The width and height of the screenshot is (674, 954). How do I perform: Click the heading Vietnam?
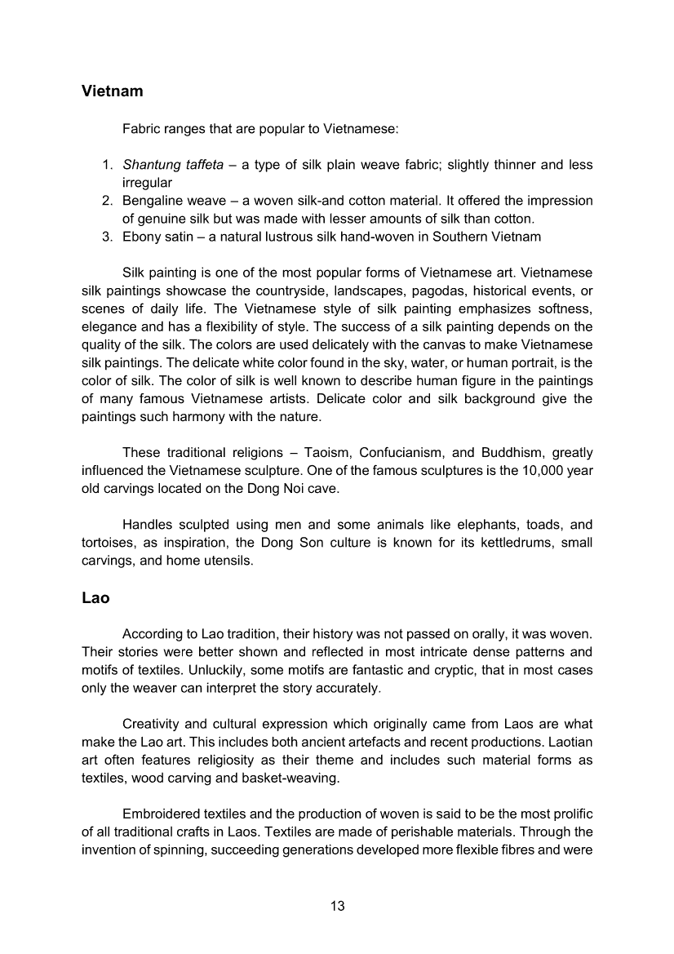click(x=113, y=91)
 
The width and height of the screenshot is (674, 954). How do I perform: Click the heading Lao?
click(x=95, y=597)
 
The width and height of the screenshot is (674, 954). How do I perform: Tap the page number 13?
click(x=337, y=906)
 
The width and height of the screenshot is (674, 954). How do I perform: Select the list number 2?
click(x=107, y=201)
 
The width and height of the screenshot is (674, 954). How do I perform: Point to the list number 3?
click(x=107, y=237)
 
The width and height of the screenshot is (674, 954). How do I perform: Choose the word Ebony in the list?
click(x=141, y=237)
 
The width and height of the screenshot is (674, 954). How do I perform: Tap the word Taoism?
click(x=328, y=452)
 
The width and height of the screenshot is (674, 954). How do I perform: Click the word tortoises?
click(x=109, y=543)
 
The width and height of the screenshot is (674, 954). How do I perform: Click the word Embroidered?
click(x=160, y=814)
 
